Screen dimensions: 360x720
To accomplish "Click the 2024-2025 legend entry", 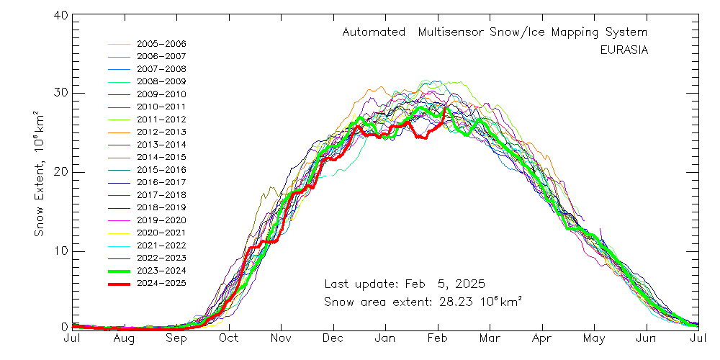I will point(161,283).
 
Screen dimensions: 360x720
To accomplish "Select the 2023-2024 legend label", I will point(161,271).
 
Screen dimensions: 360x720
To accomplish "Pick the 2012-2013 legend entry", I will point(161,132).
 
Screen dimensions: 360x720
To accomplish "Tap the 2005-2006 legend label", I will point(161,44).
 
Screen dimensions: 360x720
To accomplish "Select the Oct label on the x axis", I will point(228,338).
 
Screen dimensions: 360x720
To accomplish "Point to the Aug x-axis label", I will point(124,338).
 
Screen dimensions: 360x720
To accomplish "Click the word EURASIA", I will point(624,50).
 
